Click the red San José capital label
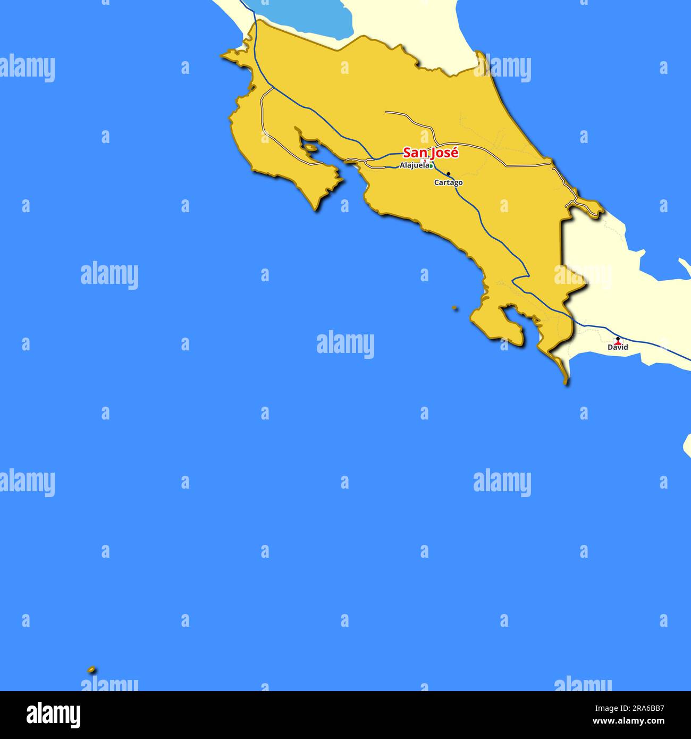pos(431,153)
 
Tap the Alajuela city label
pos(414,165)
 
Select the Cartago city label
pos(448,182)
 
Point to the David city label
pos(618,347)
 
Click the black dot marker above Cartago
pos(448,174)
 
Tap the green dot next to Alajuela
pos(431,166)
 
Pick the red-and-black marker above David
pos(618,340)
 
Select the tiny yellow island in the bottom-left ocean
pos(91,669)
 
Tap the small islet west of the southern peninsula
pos(454,307)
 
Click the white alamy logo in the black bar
pos(53,715)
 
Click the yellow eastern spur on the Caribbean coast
pos(593,207)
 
